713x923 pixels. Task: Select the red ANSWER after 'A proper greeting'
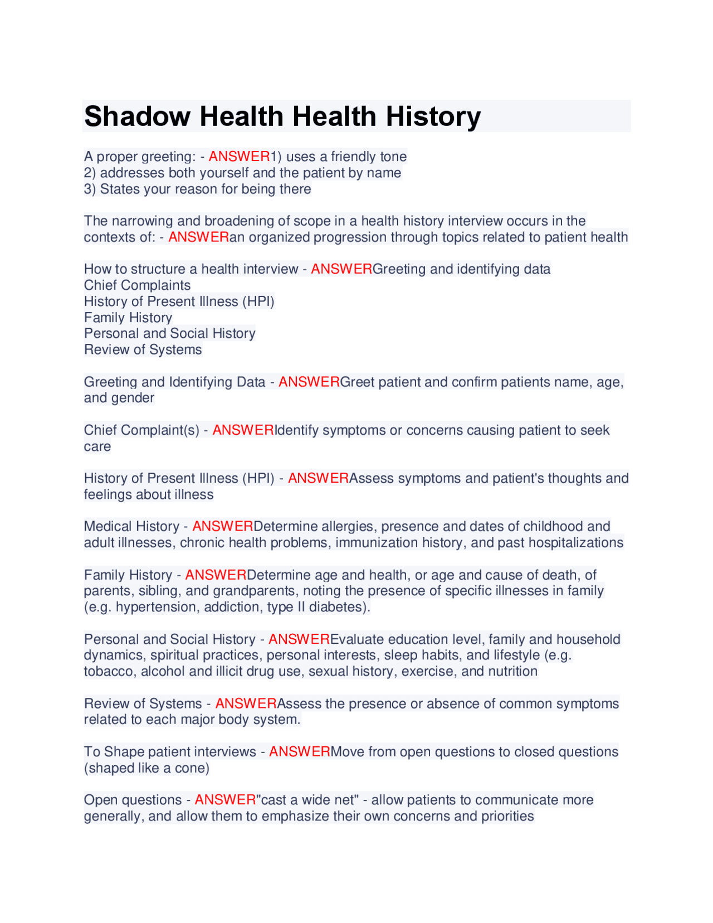[239, 157]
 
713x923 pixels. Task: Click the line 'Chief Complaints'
[137, 285]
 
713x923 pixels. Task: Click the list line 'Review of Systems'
[143, 349]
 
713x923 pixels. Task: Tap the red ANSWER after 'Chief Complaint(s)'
[243, 430]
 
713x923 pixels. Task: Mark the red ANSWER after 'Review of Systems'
[246, 704]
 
